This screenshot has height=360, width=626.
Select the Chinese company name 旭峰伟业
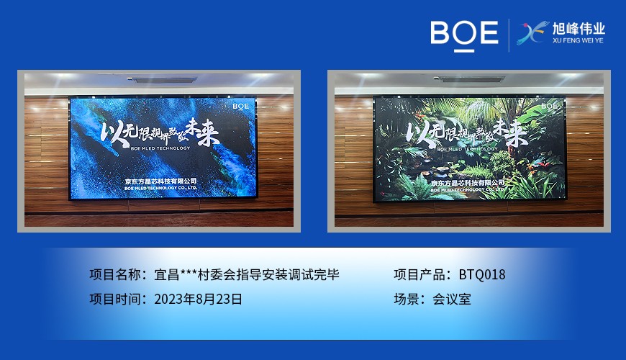[x=578, y=29]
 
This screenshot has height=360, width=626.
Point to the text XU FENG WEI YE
[x=578, y=42]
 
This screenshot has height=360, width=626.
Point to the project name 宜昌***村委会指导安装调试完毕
[x=247, y=274]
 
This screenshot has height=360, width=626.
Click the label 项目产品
[x=422, y=274]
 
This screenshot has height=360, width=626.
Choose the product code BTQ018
[x=482, y=274]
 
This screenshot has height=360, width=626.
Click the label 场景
[x=409, y=299]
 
